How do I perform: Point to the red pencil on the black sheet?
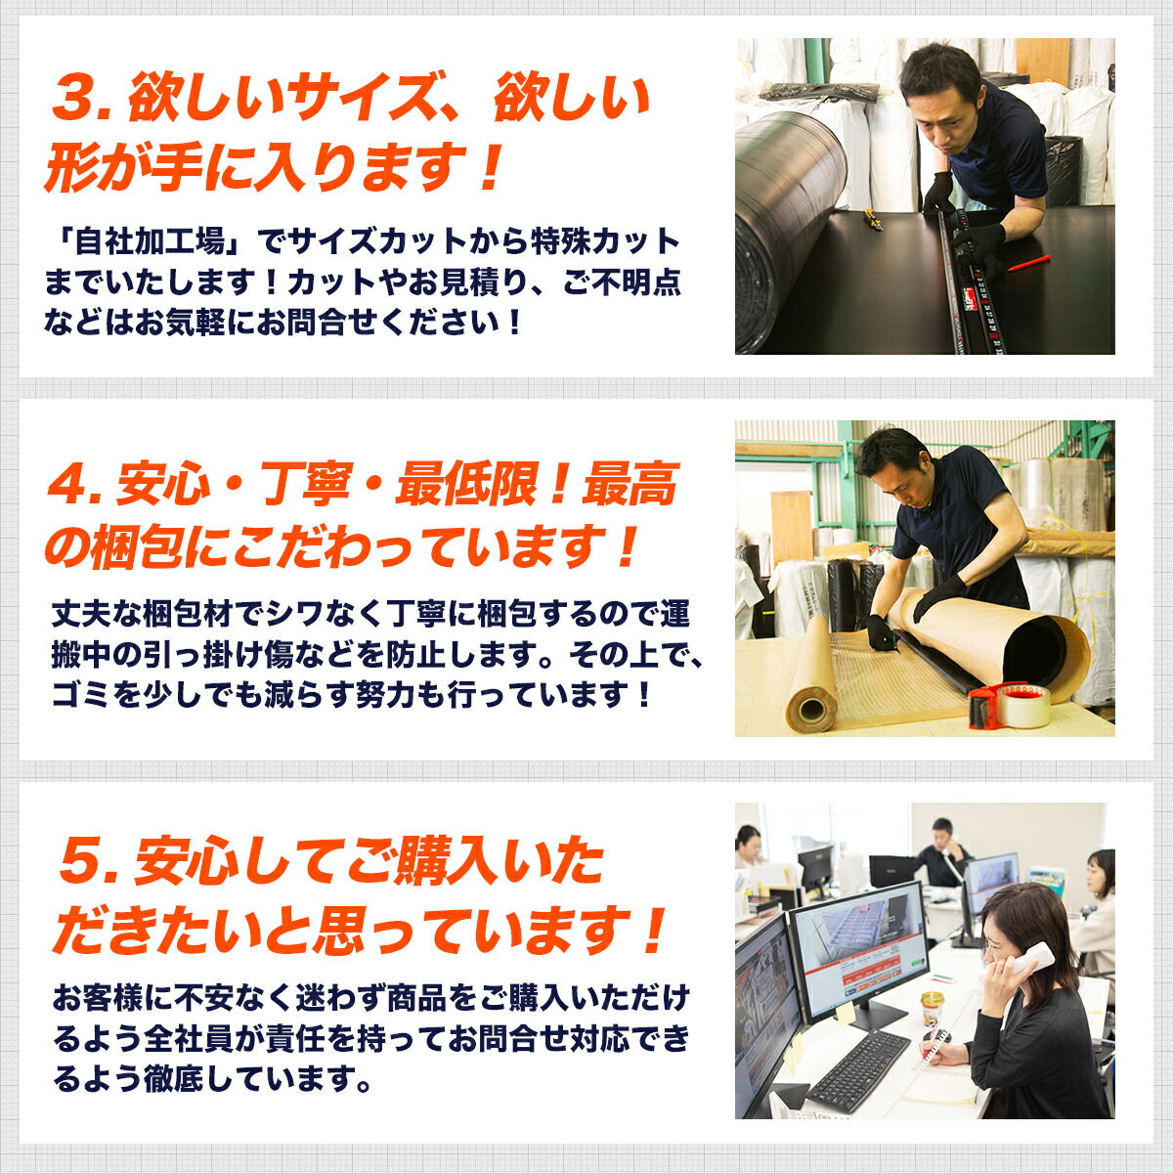point(1027,263)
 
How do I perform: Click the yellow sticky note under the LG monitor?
point(846,1015)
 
